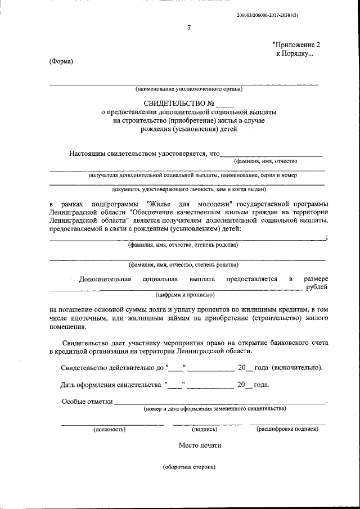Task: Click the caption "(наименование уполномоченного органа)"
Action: coord(188,89)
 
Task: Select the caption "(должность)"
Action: coord(109,429)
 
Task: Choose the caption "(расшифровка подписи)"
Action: coord(287,429)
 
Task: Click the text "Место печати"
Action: coord(200,445)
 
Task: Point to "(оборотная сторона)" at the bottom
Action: coord(189,467)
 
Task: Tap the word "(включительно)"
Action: coord(298,368)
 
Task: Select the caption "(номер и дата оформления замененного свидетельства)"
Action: coord(215,409)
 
